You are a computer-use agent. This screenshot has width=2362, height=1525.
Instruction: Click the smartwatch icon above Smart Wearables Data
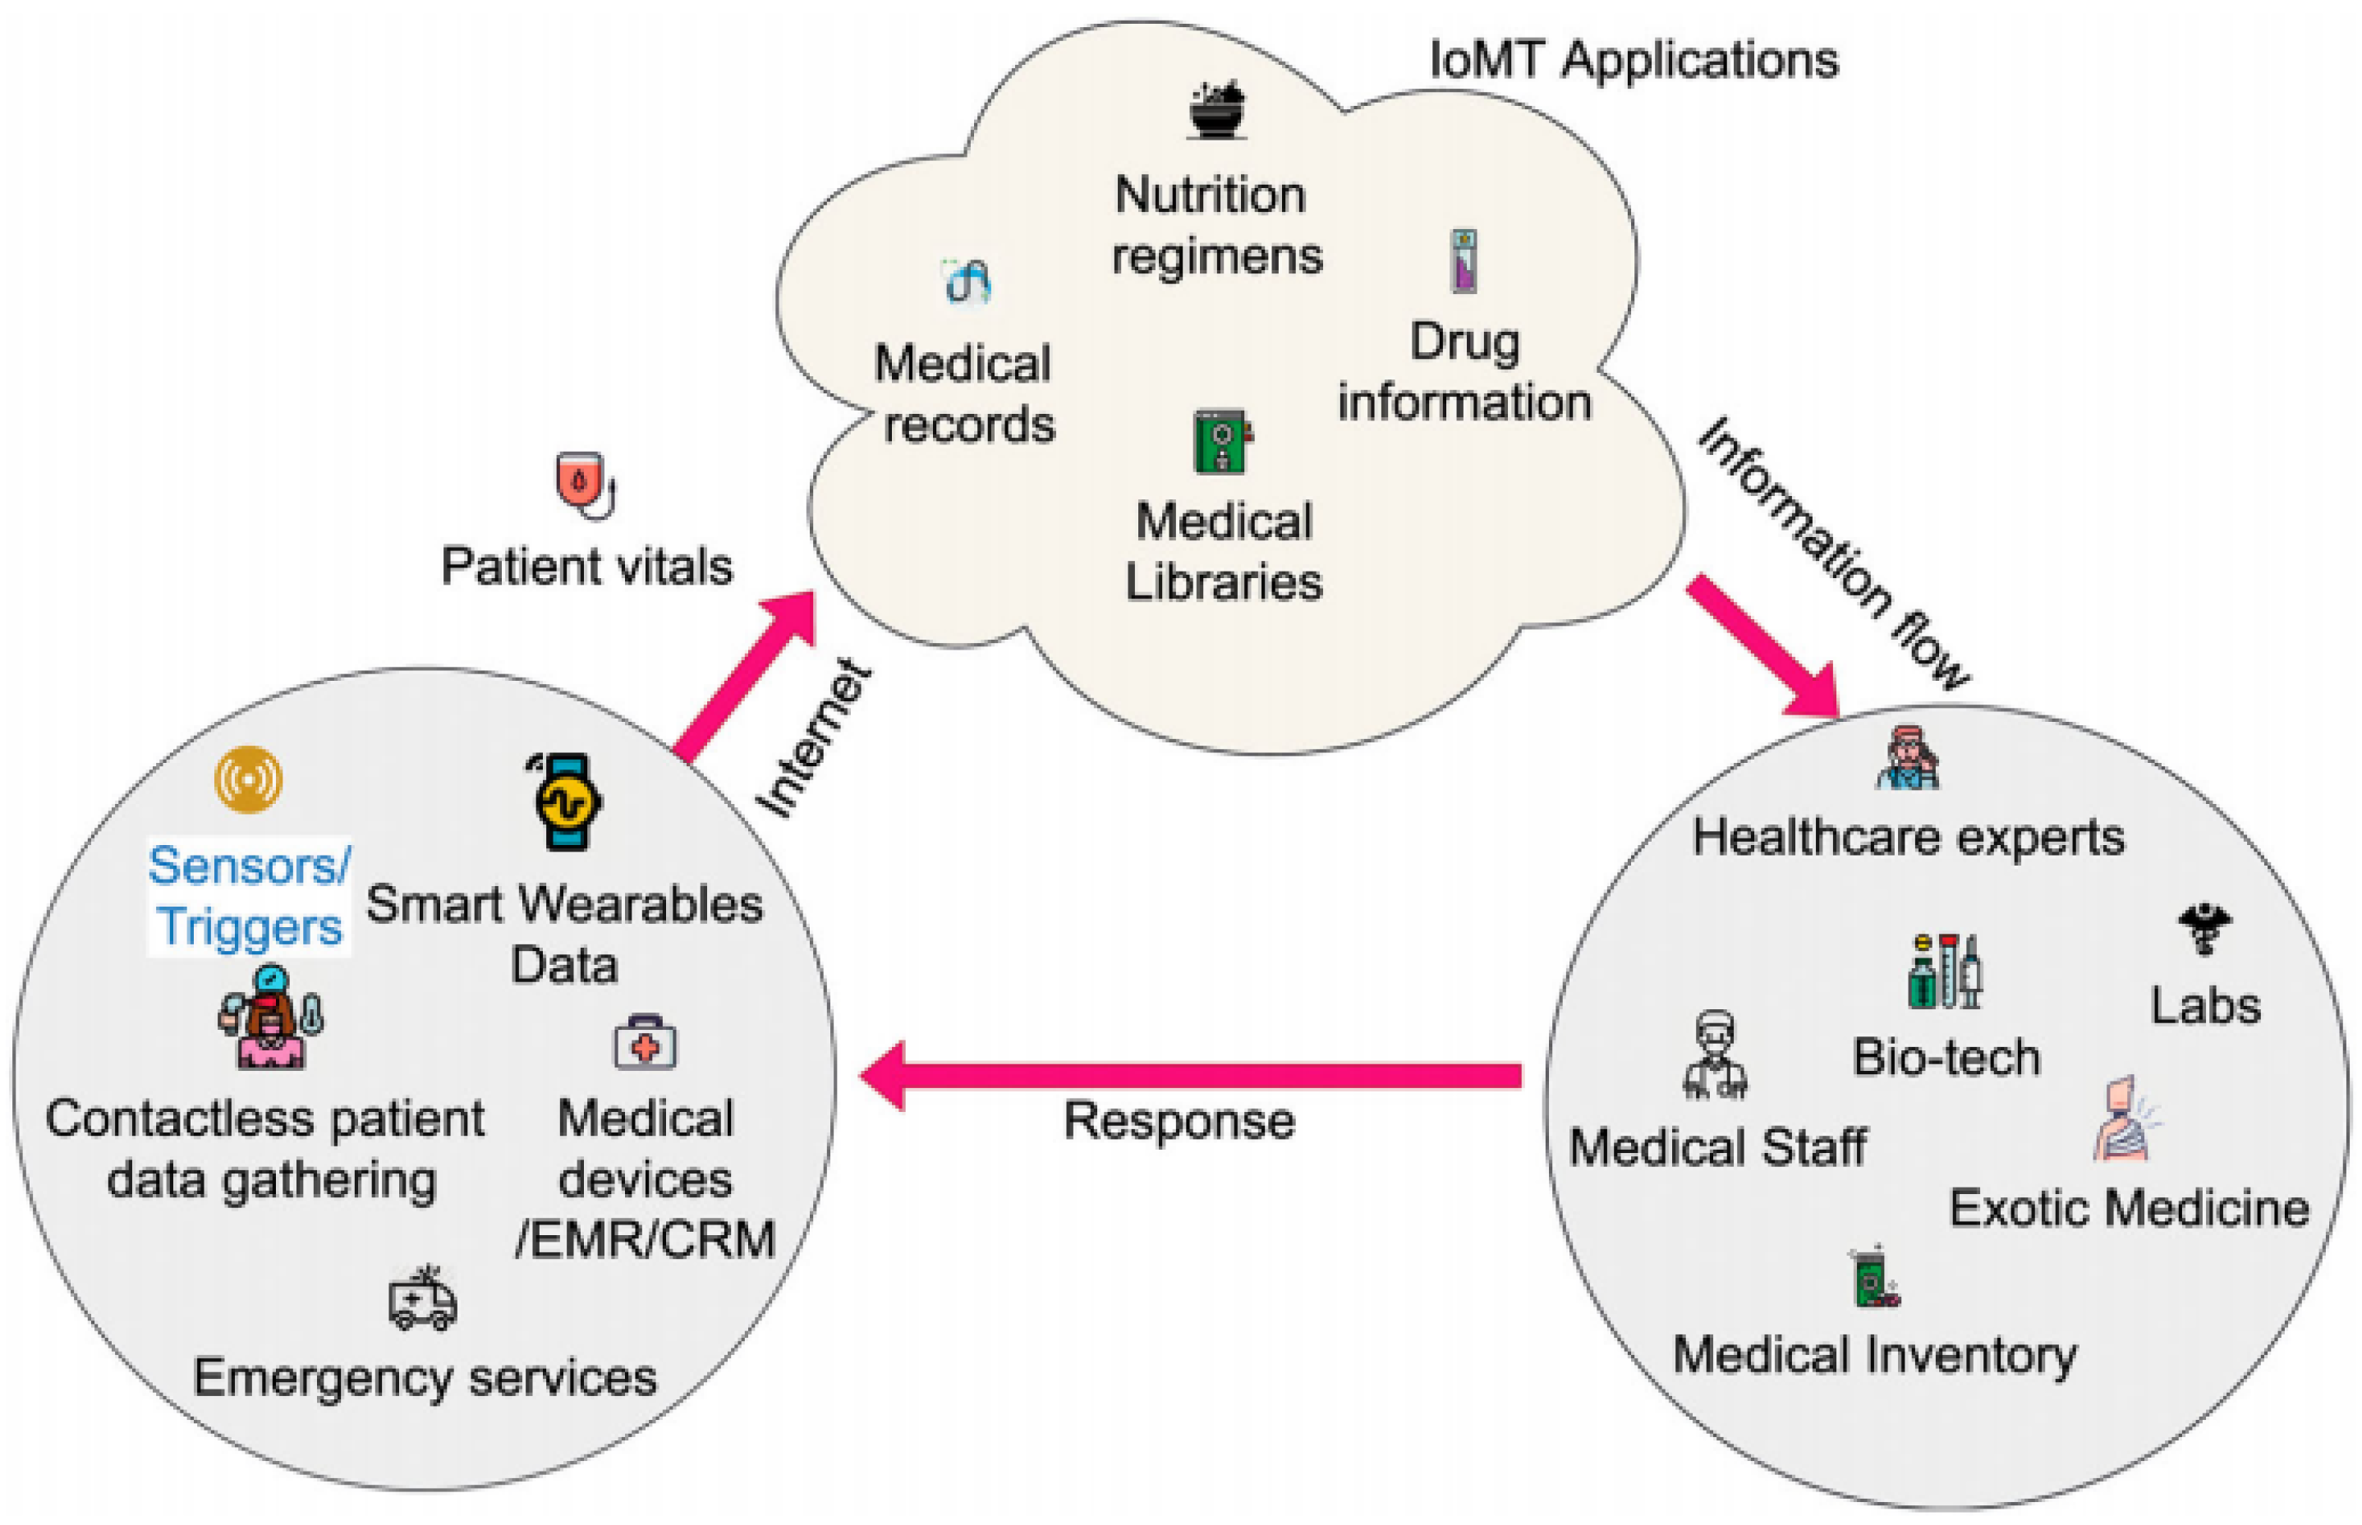click(x=566, y=802)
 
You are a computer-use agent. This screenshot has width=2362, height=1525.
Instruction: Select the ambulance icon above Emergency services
click(x=423, y=1298)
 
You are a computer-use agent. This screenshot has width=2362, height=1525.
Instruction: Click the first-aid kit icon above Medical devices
click(x=645, y=1043)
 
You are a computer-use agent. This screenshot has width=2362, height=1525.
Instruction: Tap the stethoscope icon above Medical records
click(x=967, y=284)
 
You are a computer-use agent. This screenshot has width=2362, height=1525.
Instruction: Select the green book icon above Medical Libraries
click(x=1222, y=441)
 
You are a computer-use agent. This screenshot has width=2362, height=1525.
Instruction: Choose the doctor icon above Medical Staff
click(x=1714, y=1055)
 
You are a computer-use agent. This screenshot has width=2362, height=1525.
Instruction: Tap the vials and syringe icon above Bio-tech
click(x=1945, y=971)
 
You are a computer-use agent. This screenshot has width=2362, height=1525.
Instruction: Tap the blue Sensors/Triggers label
click(x=249, y=896)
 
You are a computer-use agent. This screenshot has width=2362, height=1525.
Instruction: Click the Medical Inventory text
click(x=1875, y=1355)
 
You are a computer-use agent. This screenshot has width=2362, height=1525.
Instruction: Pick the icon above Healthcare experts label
click(x=1908, y=757)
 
